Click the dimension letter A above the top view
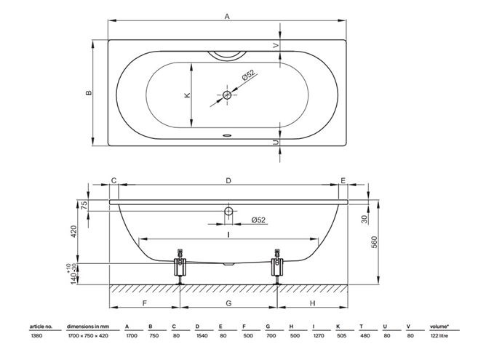(227, 17)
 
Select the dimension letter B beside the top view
(89, 93)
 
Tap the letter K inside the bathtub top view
(187, 95)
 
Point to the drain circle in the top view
(227, 95)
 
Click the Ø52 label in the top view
(248, 76)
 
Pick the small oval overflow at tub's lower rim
(227, 136)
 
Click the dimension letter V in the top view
(276, 46)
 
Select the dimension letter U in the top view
(276, 143)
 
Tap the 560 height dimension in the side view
(374, 242)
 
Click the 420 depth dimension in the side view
(73, 231)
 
